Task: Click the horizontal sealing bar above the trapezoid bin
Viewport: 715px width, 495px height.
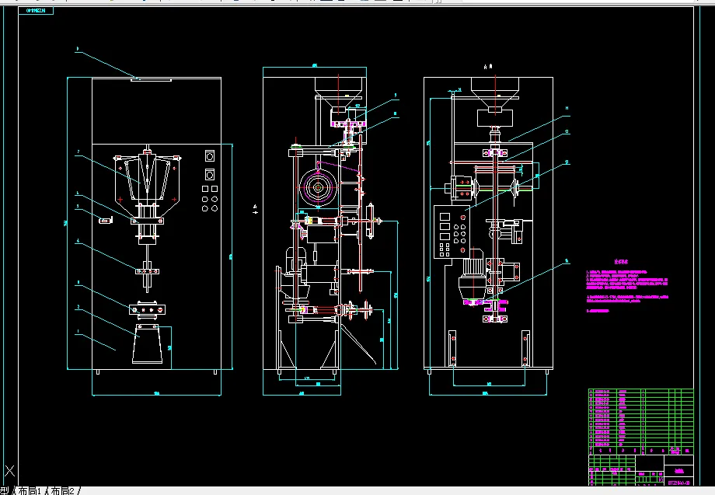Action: (148, 309)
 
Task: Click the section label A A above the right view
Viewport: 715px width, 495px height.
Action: (488, 68)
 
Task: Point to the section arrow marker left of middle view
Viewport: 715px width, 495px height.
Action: (256, 207)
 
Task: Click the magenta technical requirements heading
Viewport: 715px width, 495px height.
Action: (620, 263)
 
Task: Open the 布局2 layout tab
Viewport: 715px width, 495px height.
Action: (64, 490)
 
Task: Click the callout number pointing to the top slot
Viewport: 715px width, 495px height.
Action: (78, 49)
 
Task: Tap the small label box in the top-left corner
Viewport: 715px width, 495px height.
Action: (36, 12)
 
